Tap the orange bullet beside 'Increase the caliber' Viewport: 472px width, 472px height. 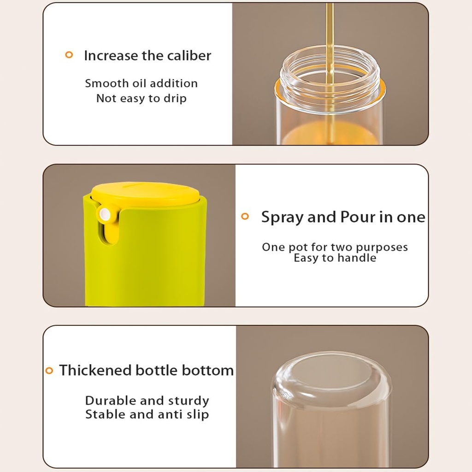point(69,55)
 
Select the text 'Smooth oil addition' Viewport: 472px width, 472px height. point(141,83)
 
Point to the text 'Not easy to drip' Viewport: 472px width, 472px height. point(141,98)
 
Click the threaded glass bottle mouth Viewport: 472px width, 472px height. point(330,74)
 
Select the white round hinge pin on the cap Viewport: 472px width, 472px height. point(105,214)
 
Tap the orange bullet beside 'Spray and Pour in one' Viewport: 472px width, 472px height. point(245,216)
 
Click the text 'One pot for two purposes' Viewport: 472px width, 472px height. point(335,247)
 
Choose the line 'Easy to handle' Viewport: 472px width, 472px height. point(335,258)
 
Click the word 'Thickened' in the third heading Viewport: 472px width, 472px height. point(95,370)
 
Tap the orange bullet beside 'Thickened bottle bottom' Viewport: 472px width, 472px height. point(49,370)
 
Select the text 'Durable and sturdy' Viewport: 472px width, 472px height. point(147,400)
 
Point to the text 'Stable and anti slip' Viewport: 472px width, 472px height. point(147,414)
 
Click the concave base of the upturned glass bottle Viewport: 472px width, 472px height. point(330,373)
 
